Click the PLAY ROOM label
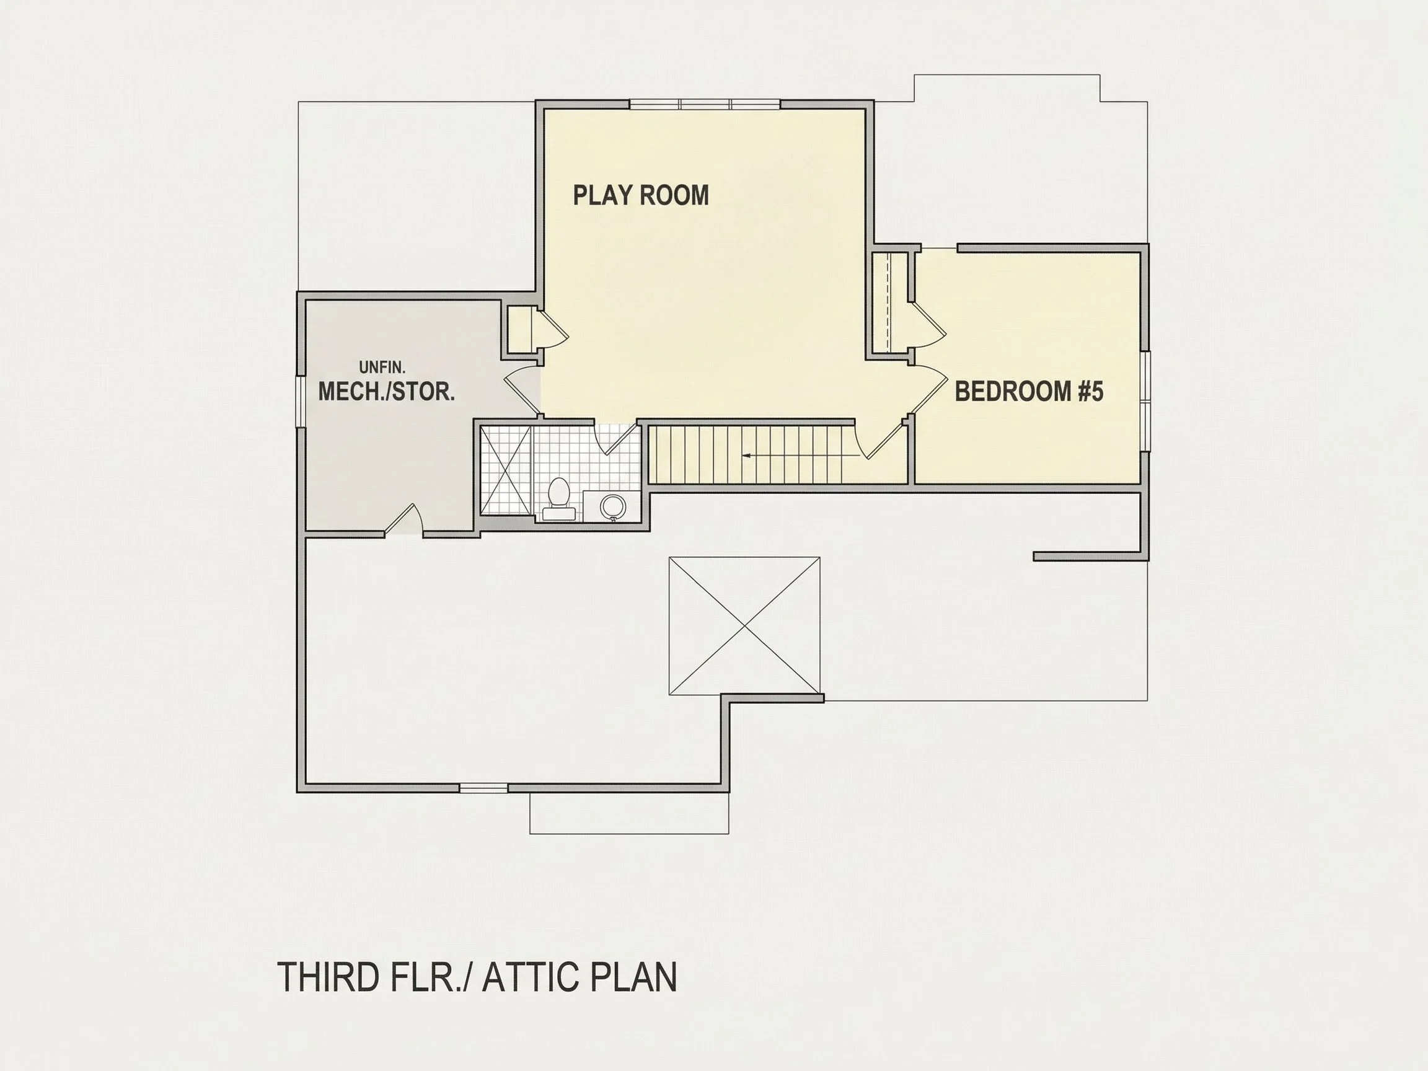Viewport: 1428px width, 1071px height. (641, 195)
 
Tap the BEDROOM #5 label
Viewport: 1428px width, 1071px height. (1029, 391)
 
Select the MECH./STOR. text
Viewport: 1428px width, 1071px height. (387, 391)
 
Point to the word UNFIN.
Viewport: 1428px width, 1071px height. (382, 368)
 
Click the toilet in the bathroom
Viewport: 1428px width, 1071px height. (558, 499)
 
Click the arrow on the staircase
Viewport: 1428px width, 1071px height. (801, 456)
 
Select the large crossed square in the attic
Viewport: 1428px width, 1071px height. (744, 626)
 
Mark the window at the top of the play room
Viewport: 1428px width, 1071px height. (705, 105)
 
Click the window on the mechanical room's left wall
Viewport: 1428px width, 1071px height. (300, 401)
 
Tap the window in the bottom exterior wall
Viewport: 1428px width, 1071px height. (483, 788)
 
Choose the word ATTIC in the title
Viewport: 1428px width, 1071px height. (530, 977)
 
